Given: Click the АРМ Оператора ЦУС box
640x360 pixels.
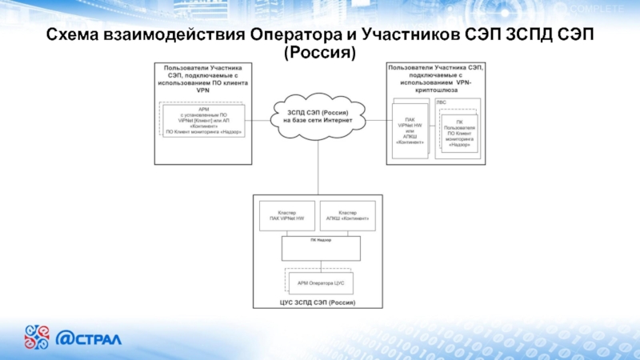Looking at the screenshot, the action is point(320,282).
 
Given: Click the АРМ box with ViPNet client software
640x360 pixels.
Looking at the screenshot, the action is point(203,121).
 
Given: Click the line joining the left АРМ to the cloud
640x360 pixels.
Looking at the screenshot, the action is point(258,120).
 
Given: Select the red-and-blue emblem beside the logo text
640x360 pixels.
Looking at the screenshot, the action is point(38,336).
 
